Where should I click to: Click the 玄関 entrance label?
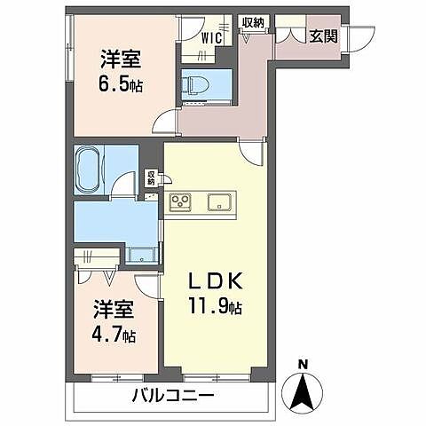coord(321,36)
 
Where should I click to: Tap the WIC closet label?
coord(211,37)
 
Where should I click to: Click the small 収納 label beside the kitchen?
coord(151,177)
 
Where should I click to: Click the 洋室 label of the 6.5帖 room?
coord(118,60)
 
